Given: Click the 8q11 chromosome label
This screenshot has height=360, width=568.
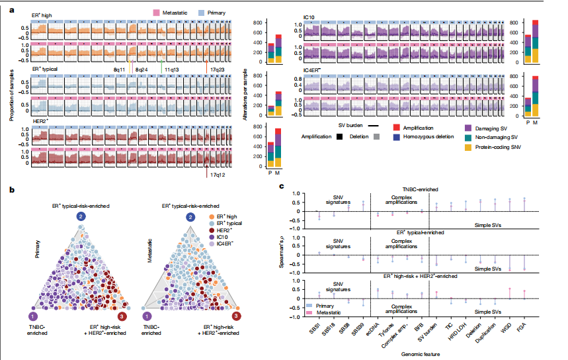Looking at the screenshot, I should [x=120, y=68].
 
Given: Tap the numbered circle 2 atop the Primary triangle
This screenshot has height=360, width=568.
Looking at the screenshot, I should [x=81, y=216].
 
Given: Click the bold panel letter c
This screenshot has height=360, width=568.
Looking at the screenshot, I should [x=283, y=188].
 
